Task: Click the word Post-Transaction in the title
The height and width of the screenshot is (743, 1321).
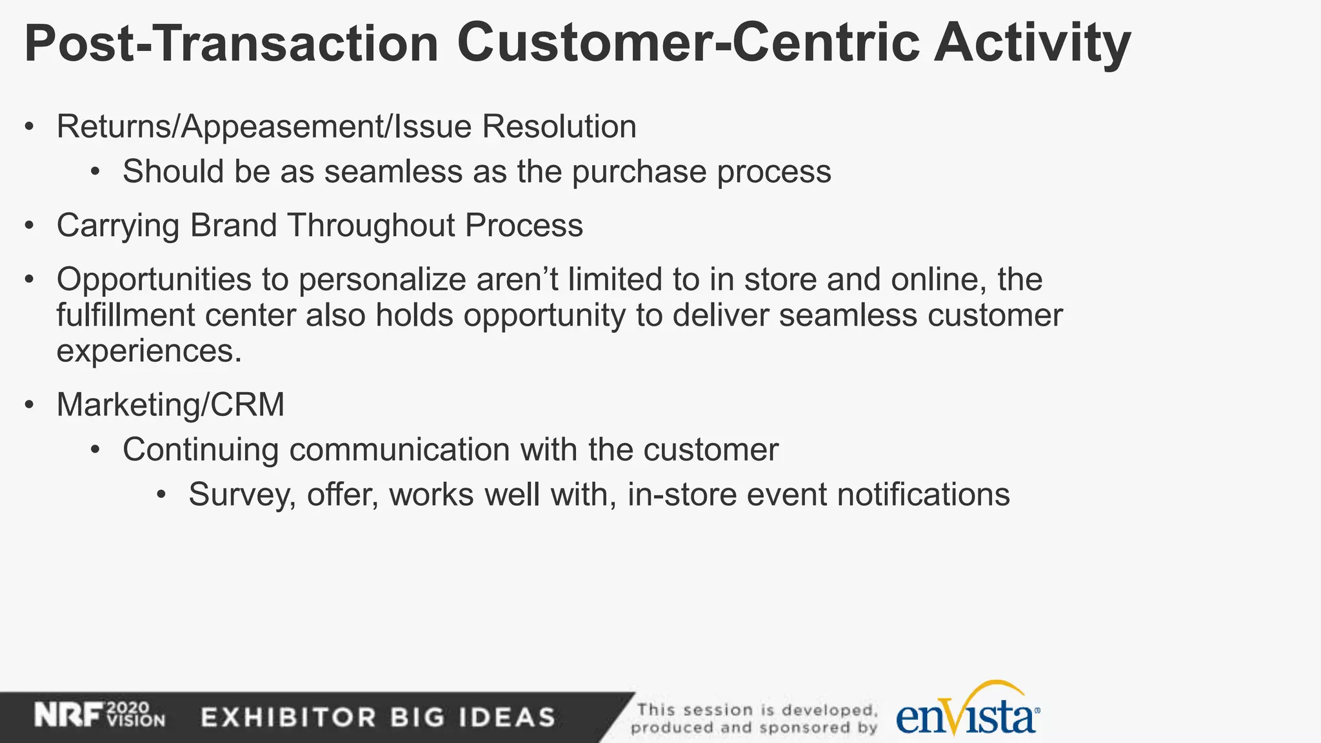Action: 231,44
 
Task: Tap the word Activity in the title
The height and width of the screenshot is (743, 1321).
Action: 1032,44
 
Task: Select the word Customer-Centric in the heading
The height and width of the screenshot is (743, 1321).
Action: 688,44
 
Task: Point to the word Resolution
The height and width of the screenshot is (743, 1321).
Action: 559,127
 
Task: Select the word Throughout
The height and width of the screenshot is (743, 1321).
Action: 372,226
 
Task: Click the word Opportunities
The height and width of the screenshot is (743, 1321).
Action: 154,280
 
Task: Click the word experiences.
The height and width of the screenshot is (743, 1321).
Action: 148,352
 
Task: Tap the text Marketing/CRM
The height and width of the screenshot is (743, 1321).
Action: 170,405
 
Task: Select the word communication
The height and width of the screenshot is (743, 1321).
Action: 399,450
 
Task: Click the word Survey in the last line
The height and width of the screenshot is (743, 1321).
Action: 242,495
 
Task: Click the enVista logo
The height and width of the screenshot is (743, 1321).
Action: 968,713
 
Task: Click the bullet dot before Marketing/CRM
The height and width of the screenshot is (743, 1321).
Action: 29,405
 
